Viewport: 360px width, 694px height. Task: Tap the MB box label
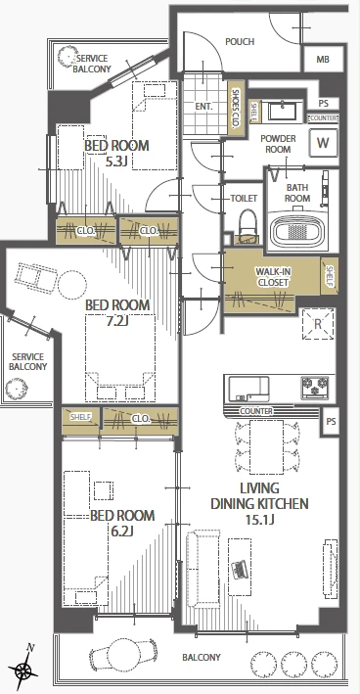pos(323,60)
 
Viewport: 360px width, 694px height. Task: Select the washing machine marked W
pos(323,143)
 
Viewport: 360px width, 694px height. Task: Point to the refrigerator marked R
pos(318,324)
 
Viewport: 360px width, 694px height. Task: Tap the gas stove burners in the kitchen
pos(315,386)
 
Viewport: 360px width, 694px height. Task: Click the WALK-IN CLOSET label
pos(272,277)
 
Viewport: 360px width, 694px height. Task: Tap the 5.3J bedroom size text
pos(116,162)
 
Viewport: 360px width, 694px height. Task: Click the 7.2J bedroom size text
pos(116,321)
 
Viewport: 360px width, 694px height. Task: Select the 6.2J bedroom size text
pos(122,532)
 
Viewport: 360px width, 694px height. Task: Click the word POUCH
pos(240,42)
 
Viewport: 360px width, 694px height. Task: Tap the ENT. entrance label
pos(203,107)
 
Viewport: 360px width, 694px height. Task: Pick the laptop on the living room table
pos(240,569)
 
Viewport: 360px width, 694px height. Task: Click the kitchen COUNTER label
pos(256,411)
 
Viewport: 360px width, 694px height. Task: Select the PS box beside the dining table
pos(331,421)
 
